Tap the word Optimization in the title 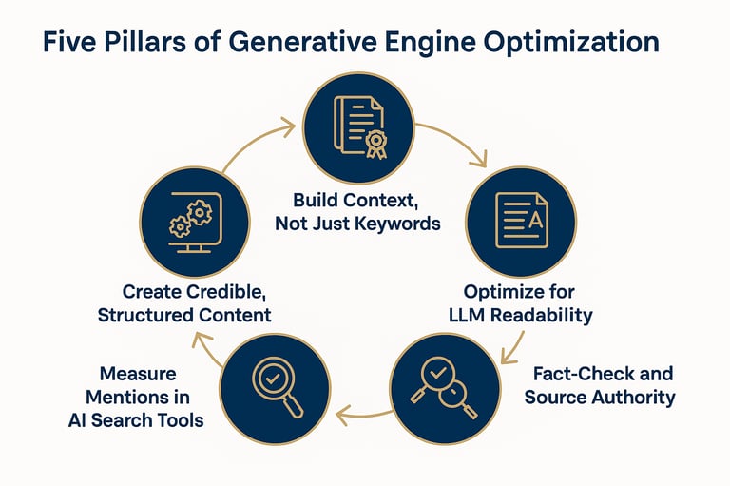point(570,44)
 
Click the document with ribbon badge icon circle point(359,126)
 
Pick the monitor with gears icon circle point(194,220)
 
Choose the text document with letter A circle point(521,220)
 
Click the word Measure point(140,375)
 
